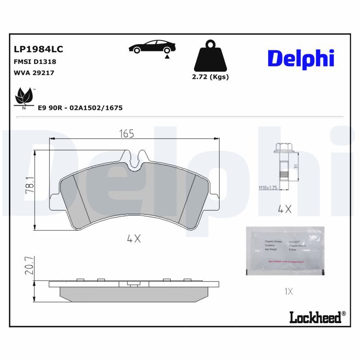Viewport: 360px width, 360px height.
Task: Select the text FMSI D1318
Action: click(x=35, y=62)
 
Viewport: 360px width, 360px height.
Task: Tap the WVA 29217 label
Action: click(x=34, y=72)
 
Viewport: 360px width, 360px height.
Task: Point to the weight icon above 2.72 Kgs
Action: click(x=210, y=56)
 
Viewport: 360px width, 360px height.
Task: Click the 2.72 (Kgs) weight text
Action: click(x=210, y=76)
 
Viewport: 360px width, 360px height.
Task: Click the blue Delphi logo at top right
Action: click(x=301, y=58)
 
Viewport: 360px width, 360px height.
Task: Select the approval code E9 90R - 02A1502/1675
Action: click(x=80, y=108)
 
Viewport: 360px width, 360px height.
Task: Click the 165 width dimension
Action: click(x=126, y=134)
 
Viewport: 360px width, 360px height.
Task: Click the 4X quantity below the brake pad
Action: click(x=134, y=239)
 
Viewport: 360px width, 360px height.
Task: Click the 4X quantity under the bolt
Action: click(x=285, y=208)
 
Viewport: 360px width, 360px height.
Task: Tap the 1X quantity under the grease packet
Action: click(x=289, y=292)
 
